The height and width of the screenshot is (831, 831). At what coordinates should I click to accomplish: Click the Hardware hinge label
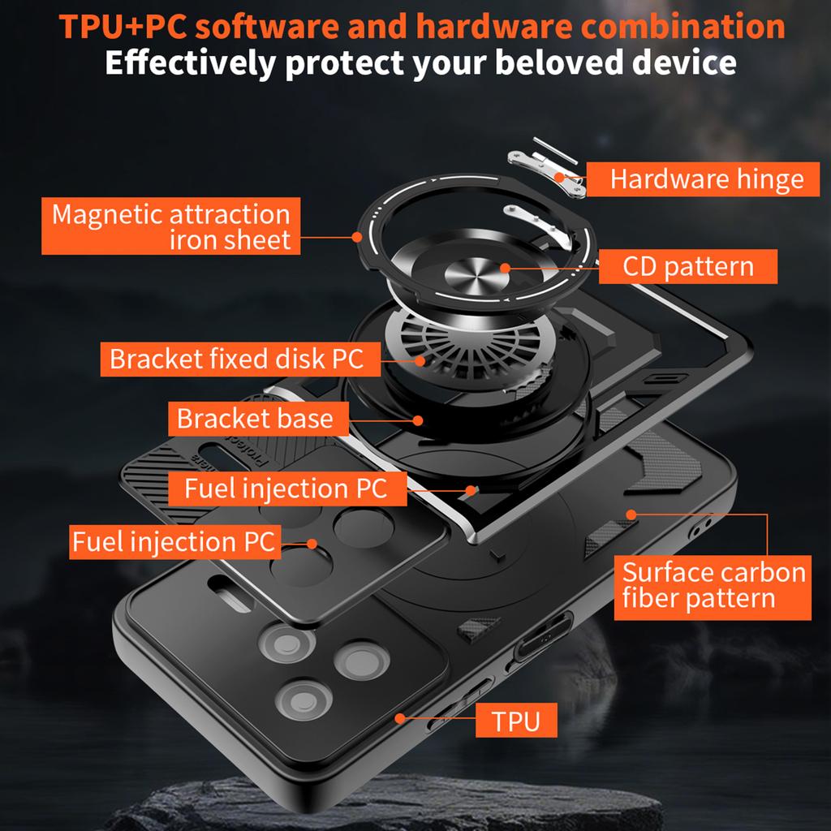point(705,179)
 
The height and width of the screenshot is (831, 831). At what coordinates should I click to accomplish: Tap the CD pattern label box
point(687,266)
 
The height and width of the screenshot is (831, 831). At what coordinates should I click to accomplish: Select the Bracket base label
point(255,419)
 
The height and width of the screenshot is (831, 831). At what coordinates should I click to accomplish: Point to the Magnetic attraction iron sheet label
point(170,227)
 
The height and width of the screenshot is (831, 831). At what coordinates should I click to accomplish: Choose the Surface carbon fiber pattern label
point(712,586)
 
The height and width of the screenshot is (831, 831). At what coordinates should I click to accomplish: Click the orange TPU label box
point(515,721)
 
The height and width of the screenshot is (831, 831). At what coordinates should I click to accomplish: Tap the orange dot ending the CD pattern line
point(505,267)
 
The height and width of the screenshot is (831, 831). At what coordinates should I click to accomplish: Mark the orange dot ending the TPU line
point(399,718)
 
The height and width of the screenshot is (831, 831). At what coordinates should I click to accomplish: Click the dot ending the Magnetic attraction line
point(357,236)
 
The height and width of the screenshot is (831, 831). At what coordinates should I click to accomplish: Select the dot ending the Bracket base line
point(417,420)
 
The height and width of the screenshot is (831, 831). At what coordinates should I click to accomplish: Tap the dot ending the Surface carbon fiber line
point(630,514)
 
